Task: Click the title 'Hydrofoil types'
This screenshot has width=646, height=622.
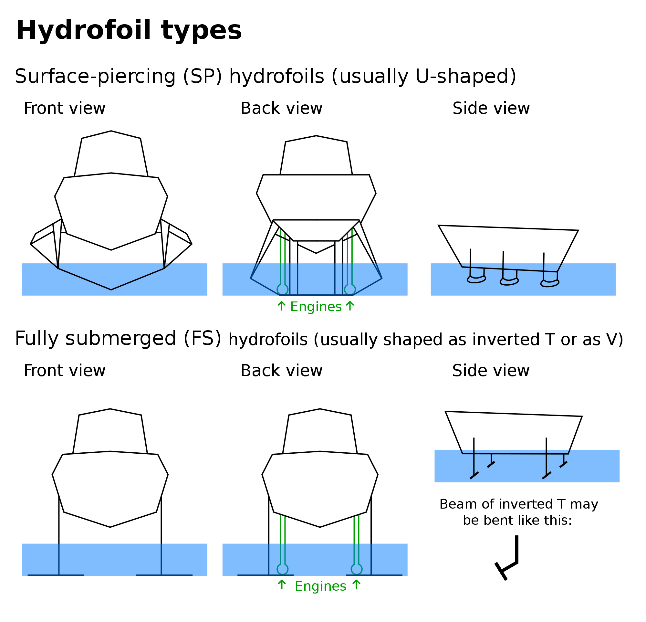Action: point(129,30)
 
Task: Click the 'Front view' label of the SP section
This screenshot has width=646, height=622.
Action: point(65,109)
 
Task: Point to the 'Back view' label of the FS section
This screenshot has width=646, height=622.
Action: point(281,371)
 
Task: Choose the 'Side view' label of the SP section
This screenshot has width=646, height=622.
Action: point(491,109)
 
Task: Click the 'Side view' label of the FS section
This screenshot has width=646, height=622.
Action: point(491,371)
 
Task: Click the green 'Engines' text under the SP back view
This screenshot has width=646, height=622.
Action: point(316,307)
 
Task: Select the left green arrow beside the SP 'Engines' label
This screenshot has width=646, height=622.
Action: point(281,306)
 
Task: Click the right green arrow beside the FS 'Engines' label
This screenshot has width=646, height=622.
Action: point(356,585)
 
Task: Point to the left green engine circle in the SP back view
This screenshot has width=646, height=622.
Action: point(282,290)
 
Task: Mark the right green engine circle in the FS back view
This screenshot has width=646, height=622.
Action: point(357,569)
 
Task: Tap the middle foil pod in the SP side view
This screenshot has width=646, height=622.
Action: point(509,281)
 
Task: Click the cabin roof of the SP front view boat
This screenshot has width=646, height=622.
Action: point(111,153)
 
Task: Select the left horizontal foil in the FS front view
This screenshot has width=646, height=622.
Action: point(56,575)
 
